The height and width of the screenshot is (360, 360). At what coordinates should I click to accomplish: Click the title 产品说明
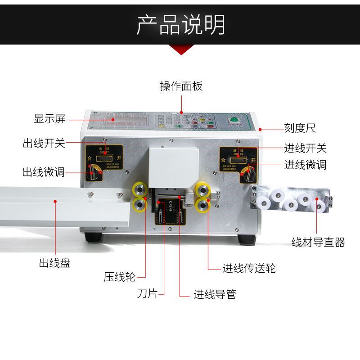point(180,25)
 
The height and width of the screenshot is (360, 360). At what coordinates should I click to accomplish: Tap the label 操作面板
point(181,86)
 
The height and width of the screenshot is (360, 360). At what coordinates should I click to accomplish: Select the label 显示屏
point(49,119)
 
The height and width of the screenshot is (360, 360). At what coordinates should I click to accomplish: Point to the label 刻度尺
point(300,128)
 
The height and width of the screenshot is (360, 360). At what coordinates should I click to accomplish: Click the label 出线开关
point(44,144)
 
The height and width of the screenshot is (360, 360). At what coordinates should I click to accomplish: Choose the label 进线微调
point(305,165)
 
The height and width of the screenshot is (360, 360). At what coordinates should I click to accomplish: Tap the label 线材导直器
point(318,243)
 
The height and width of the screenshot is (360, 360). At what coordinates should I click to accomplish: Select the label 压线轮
point(119,277)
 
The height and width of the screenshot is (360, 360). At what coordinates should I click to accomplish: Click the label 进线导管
point(215,295)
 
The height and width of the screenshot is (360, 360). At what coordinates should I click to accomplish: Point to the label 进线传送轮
point(249,269)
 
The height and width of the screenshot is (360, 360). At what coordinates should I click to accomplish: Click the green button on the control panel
point(234,120)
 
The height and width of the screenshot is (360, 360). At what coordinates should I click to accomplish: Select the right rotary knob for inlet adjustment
point(248,173)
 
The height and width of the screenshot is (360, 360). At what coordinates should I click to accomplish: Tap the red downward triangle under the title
point(180,49)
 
